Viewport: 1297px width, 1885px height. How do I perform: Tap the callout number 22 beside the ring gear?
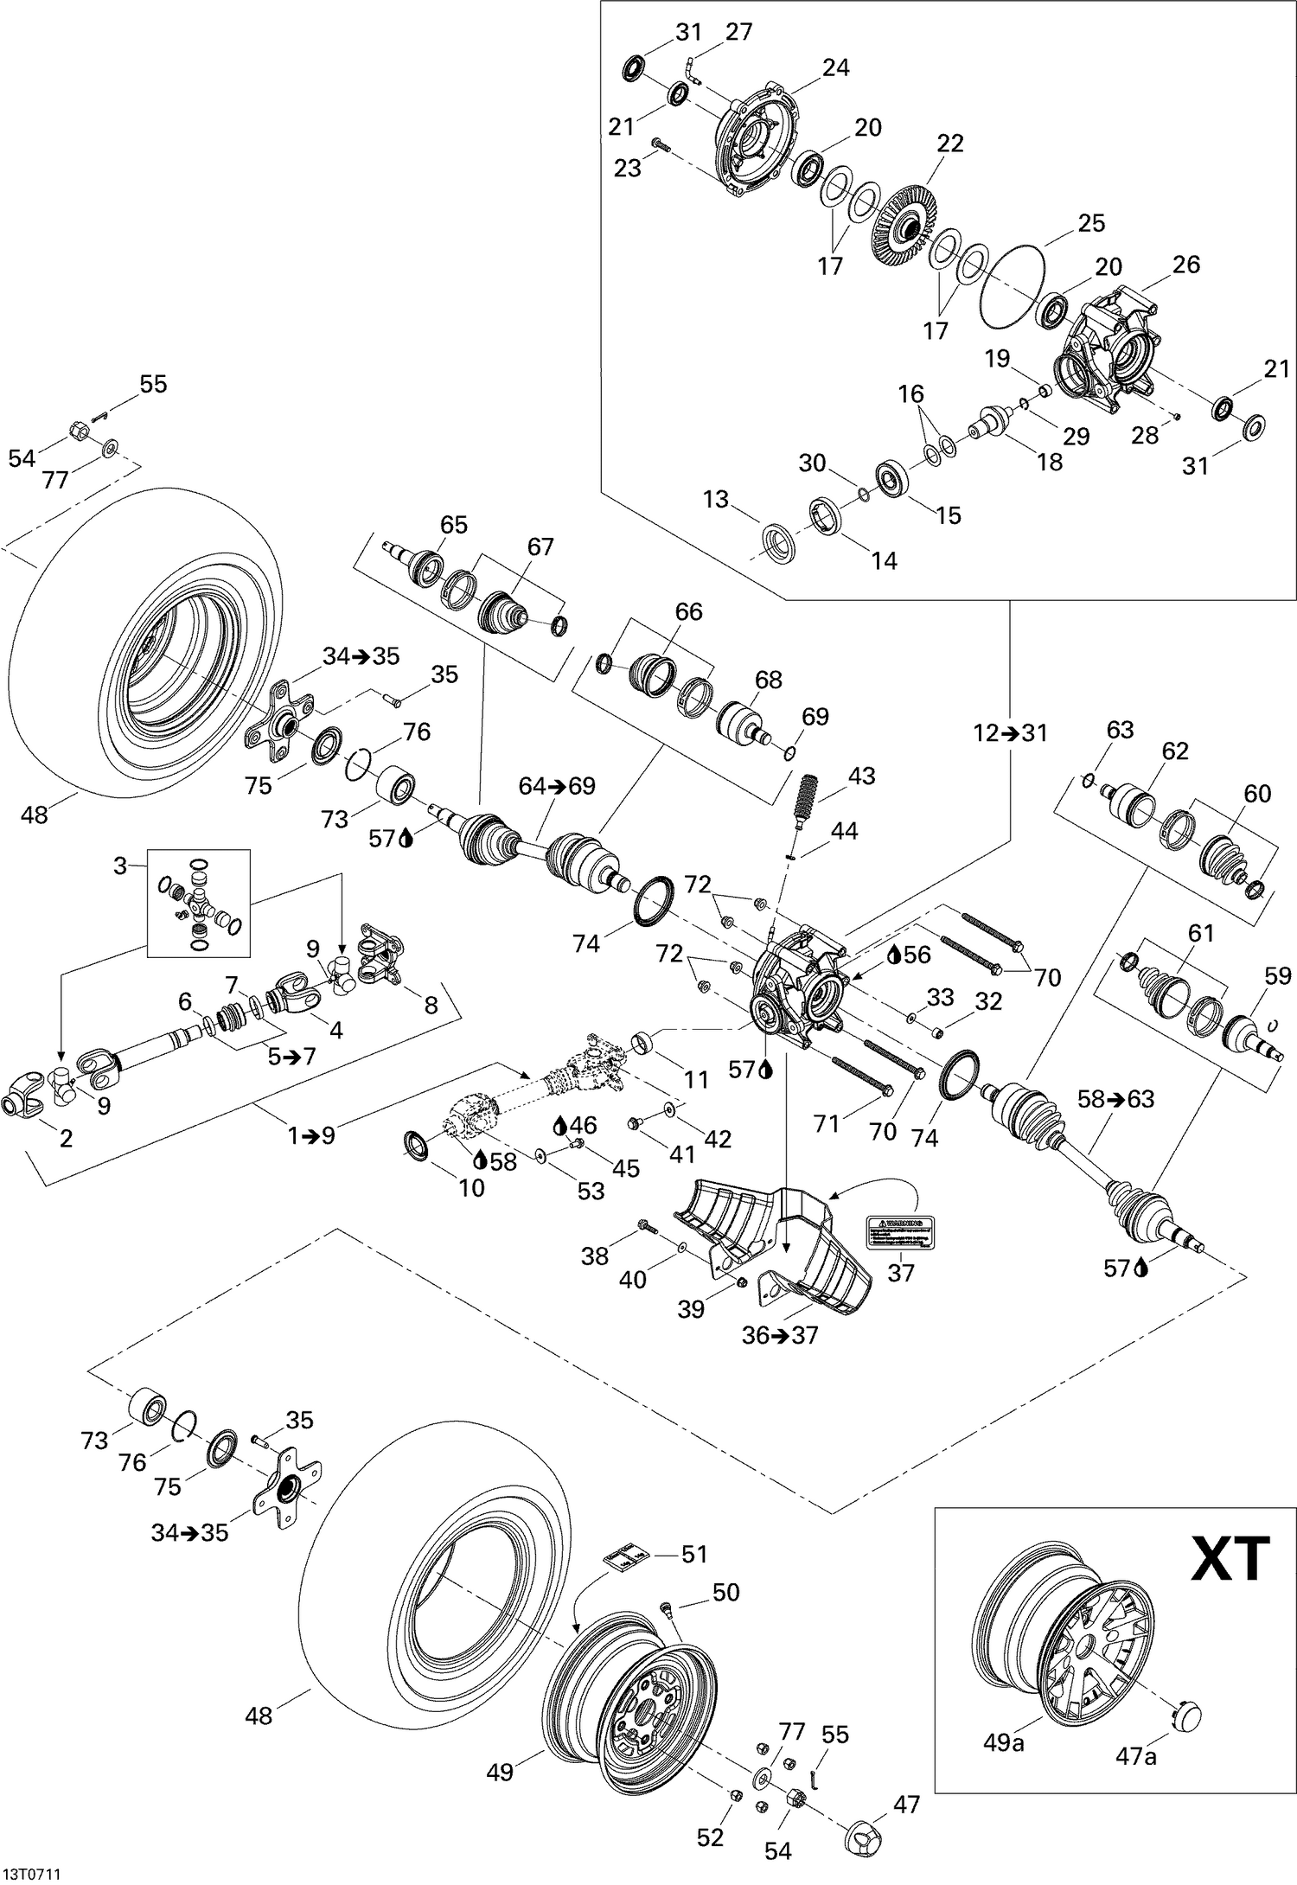tap(949, 144)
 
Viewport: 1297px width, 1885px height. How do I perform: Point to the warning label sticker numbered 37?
tap(901, 1232)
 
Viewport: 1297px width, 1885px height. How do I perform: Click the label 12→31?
tap(1009, 733)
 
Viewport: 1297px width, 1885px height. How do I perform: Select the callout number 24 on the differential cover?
tap(835, 67)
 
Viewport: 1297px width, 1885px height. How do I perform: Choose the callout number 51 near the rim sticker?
tap(694, 1554)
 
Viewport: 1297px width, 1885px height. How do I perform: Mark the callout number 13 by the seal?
tap(716, 500)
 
